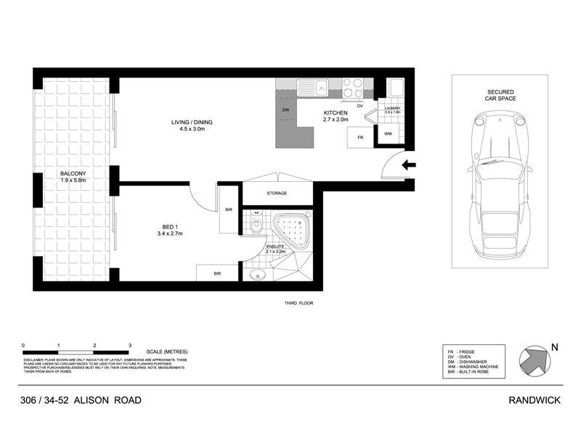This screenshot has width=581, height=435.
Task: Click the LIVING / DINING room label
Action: point(176,126)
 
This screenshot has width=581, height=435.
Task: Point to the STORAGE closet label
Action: point(277,194)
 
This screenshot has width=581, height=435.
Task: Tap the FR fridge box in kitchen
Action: point(358,136)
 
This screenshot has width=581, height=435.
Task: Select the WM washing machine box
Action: point(387,133)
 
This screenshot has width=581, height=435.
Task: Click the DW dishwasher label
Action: point(286,110)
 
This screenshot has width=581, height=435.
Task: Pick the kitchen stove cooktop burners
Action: point(353,88)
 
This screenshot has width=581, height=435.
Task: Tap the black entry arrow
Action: point(410,165)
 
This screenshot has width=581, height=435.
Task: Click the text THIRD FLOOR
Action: point(298,303)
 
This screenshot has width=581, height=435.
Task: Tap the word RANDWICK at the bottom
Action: point(535,400)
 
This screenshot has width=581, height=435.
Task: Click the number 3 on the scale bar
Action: point(129,346)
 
